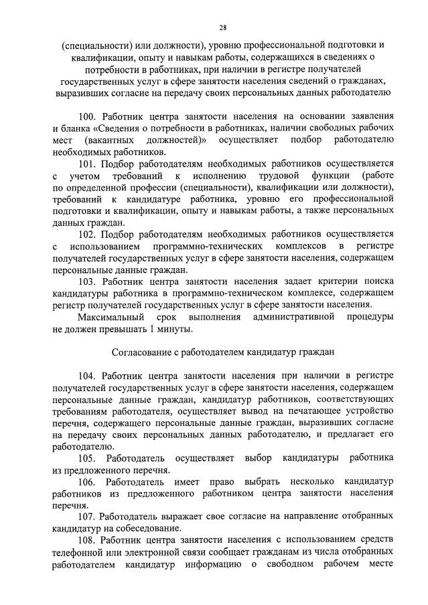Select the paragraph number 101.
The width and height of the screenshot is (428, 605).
88,162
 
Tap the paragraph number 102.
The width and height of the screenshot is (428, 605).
88,235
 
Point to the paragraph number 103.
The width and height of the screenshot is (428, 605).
88,281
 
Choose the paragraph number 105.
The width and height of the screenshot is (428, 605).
88,458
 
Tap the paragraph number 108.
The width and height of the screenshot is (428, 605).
88,540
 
